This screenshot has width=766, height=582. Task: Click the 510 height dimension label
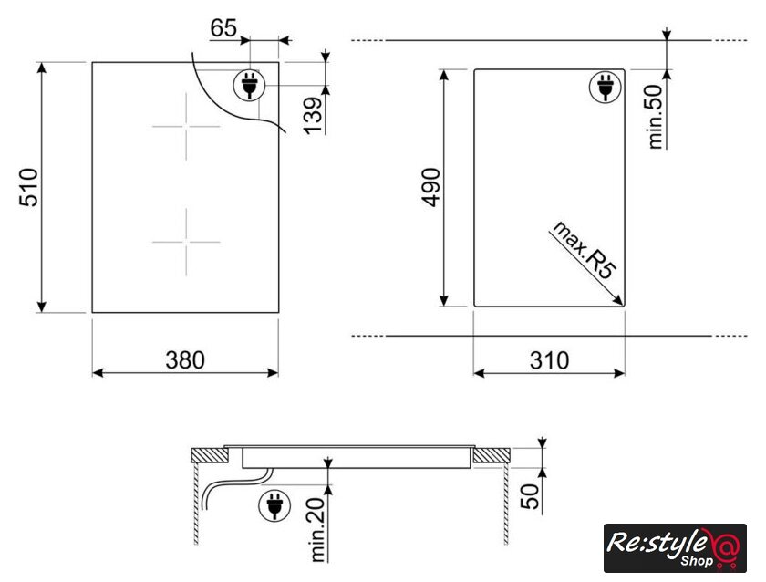tap(29, 187)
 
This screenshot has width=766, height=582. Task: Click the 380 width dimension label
tap(185, 360)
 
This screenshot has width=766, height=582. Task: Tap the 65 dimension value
tap(223, 28)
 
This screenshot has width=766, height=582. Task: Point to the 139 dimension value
tap(314, 115)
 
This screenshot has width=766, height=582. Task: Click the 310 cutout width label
tap(549, 360)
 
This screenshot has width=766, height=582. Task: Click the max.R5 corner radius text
tap(584, 250)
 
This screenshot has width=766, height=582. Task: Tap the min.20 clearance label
tap(317, 530)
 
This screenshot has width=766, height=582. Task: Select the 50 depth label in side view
tap(531, 496)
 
